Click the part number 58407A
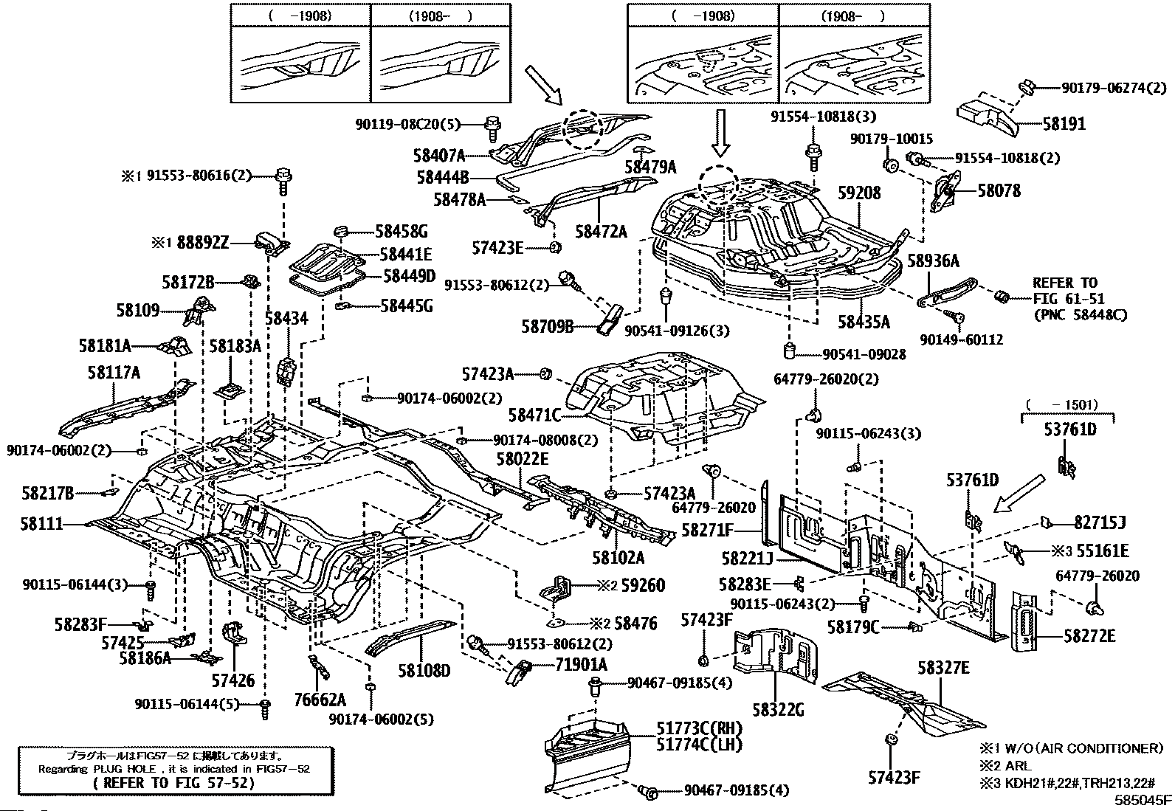pos(439,156)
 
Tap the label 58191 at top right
pos(1064,124)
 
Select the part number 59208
pos(858,193)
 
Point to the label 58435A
pos(864,322)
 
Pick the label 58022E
pos(522,459)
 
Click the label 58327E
pos(943,668)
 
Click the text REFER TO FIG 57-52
pos(174,783)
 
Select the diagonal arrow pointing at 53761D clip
pos(1019,494)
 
